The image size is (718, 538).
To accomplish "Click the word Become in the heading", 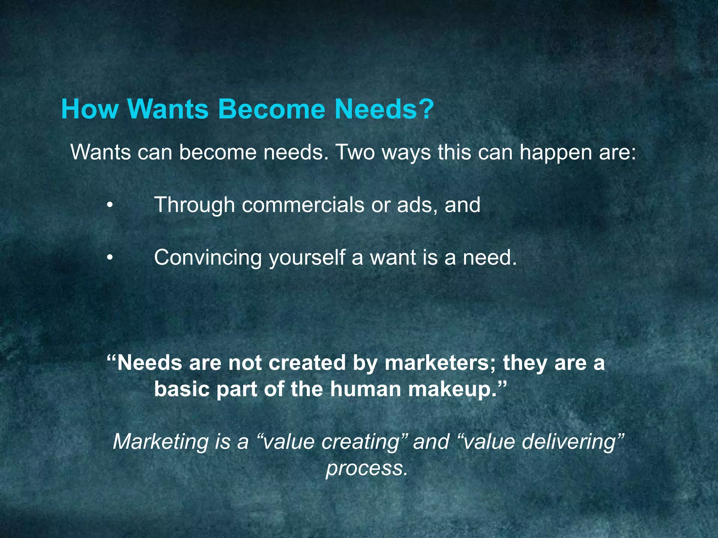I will pyautogui.click(x=271, y=109).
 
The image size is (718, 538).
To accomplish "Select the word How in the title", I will pyautogui.click(x=90, y=109).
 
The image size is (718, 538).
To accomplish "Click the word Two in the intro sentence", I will pyautogui.click(x=355, y=153).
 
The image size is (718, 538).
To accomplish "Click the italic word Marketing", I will pyautogui.click(x=161, y=442).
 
